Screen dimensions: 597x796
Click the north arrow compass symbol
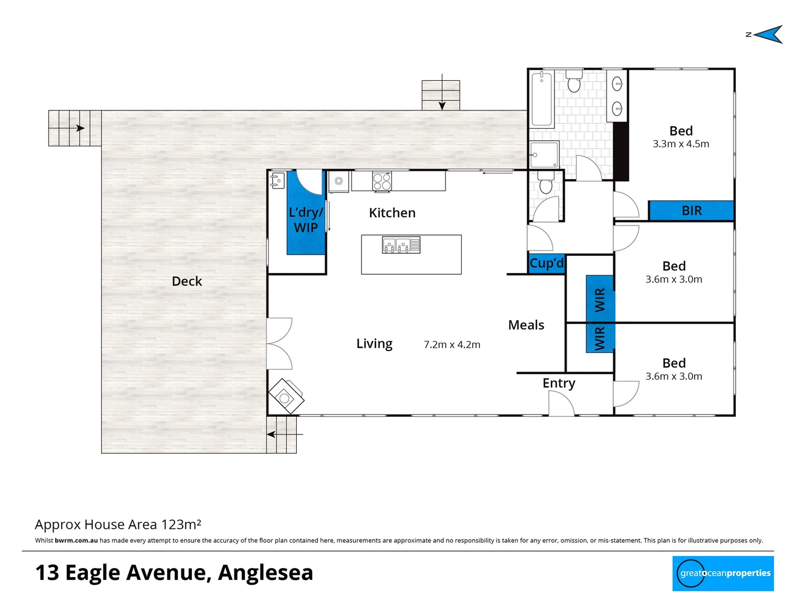tap(767, 34)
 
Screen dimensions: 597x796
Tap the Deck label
tap(187, 281)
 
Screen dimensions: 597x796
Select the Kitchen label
tap(392, 213)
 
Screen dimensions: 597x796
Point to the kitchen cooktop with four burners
tap(382, 181)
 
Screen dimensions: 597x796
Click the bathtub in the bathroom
tap(542, 99)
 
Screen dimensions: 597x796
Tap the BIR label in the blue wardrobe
tap(692, 211)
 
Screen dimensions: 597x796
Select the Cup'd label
tap(546, 263)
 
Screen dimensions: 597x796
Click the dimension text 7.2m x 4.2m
tap(452, 344)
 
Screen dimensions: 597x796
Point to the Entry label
tap(559, 383)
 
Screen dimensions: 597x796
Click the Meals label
tap(526, 325)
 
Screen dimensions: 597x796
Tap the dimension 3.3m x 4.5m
tap(680, 144)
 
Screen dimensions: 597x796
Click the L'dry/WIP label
tap(306, 220)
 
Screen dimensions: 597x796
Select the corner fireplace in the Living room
tap(286, 396)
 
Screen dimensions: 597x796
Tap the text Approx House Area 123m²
tap(118, 524)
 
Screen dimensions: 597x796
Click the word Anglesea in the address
tap(265, 572)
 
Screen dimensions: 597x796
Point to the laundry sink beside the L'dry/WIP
tap(277, 180)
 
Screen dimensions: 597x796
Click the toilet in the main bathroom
tap(574, 81)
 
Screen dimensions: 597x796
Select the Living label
tap(374, 344)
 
